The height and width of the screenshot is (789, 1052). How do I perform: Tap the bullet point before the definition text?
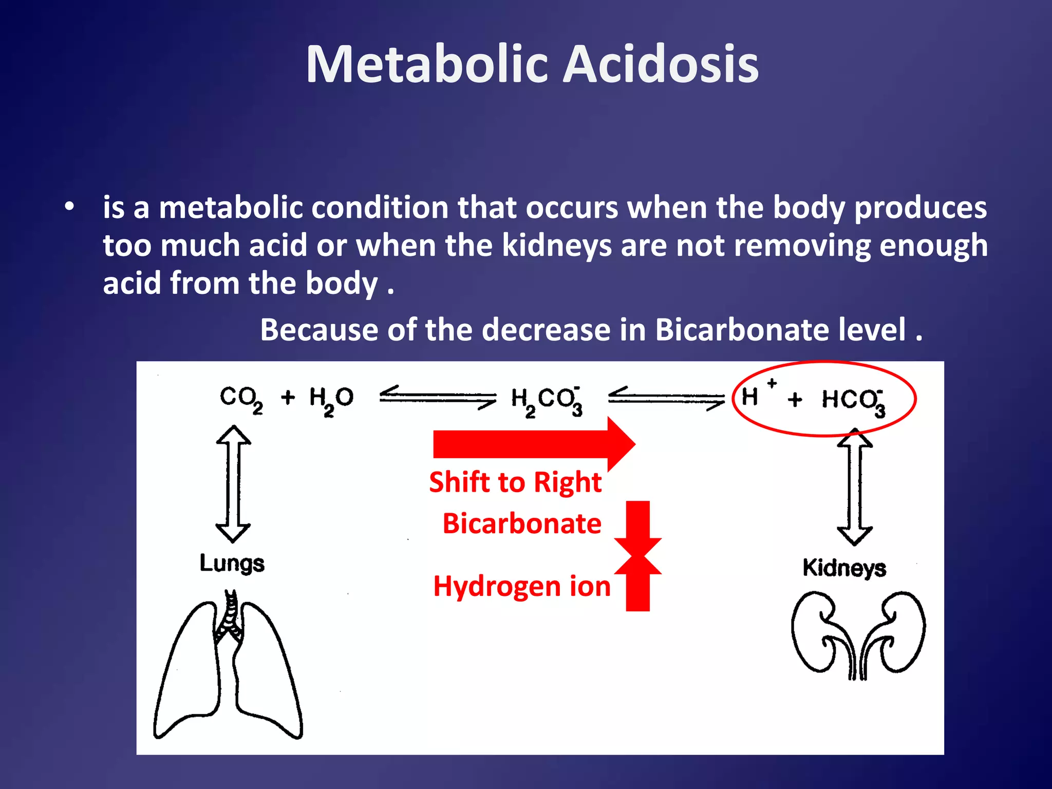click(x=69, y=208)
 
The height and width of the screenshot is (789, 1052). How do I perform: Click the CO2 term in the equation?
click(x=241, y=399)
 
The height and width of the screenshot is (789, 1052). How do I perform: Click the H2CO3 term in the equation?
click(x=547, y=401)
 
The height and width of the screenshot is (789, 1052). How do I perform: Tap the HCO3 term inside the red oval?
click(x=853, y=401)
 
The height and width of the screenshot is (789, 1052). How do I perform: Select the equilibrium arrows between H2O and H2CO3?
click(x=438, y=397)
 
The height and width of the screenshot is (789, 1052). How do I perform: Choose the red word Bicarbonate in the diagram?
click(x=522, y=523)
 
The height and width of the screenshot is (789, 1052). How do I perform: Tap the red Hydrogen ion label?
click(x=522, y=586)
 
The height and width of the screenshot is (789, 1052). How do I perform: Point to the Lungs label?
click(x=232, y=563)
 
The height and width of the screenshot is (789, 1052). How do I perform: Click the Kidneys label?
click(x=844, y=568)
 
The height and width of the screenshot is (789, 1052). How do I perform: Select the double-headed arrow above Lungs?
click(x=233, y=483)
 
